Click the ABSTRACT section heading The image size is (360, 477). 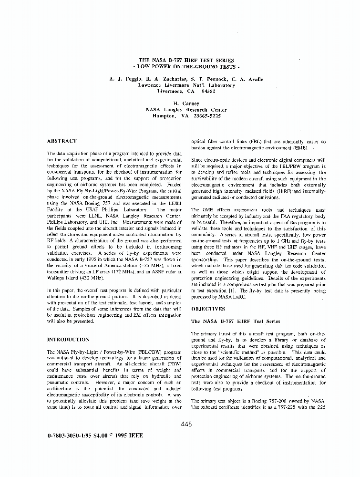click(62, 141)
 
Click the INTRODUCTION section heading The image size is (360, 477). click(68, 340)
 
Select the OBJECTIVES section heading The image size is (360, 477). click(208, 309)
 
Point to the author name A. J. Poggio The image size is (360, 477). click(124, 79)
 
